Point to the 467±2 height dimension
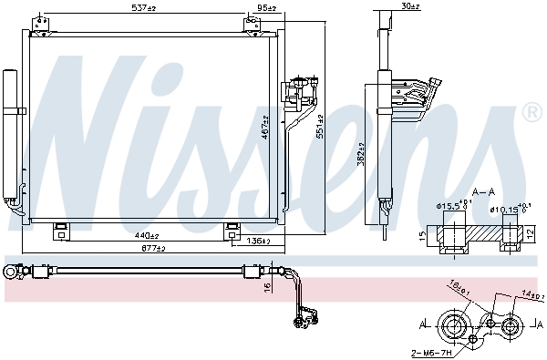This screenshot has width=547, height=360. (x=265, y=127)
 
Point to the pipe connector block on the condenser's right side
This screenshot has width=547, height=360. (x=298, y=92)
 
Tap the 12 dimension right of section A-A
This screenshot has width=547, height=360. (x=530, y=234)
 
